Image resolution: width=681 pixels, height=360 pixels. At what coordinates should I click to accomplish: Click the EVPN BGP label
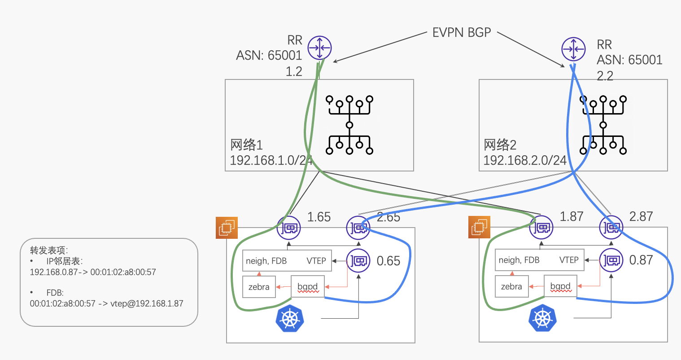pyautogui.click(x=462, y=33)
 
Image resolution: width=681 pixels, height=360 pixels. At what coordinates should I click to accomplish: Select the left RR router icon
pyautogui.click(x=319, y=48)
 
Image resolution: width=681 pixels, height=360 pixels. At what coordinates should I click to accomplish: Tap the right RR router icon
pyautogui.click(x=573, y=49)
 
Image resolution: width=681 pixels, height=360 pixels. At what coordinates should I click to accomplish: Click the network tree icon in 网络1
pyautogui.click(x=349, y=125)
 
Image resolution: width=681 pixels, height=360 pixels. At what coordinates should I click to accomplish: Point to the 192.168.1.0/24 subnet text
pyautogui.click(x=271, y=160)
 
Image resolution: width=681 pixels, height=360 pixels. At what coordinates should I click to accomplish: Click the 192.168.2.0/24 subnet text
pyautogui.click(x=525, y=160)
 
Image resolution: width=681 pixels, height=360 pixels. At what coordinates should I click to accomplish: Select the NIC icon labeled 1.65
pyautogui.click(x=288, y=228)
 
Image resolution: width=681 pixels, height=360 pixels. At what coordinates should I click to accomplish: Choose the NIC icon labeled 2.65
pyautogui.click(x=358, y=228)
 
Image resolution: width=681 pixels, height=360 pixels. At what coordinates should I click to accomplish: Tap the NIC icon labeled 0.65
pyautogui.click(x=358, y=260)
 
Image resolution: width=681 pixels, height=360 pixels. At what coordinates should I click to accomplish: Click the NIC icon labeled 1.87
pyautogui.click(x=541, y=228)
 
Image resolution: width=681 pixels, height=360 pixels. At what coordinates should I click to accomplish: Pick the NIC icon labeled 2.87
pyautogui.click(x=611, y=228)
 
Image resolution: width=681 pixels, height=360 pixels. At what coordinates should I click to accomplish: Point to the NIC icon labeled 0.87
pyautogui.click(x=611, y=260)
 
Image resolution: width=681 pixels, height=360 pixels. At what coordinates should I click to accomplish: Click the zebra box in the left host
pyautogui.click(x=259, y=287)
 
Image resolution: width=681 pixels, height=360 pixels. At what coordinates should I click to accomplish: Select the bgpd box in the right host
pyautogui.click(x=560, y=286)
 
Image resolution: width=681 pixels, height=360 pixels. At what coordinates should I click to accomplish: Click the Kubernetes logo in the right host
pyautogui.click(x=543, y=318)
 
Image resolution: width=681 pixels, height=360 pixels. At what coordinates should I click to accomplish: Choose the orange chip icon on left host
pyautogui.click(x=227, y=228)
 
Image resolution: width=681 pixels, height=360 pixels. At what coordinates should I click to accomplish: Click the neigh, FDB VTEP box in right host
pyautogui.click(x=539, y=260)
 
